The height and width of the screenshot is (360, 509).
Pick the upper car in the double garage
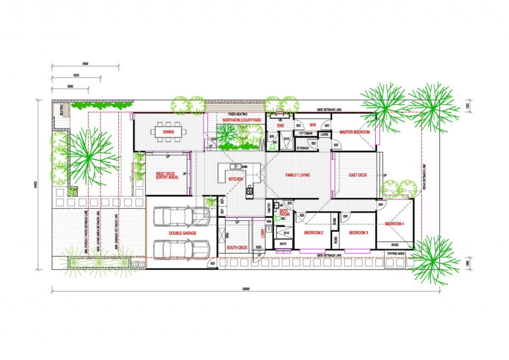(x=181, y=216)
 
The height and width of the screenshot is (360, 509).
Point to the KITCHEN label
(x=235, y=179)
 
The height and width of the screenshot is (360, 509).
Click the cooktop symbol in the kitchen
(x=249, y=190)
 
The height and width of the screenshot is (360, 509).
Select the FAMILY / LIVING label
(x=297, y=176)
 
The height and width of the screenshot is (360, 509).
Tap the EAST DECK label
(x=357, y=176)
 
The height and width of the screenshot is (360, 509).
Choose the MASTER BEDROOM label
(x=354, y=132)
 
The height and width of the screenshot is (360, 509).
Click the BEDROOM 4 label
(x=394, y=224)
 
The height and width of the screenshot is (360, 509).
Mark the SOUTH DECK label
(x=237, y=248)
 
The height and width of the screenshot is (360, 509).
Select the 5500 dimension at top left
(x=85, y=64)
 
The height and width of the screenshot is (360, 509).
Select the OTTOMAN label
(x=305, y=133)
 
